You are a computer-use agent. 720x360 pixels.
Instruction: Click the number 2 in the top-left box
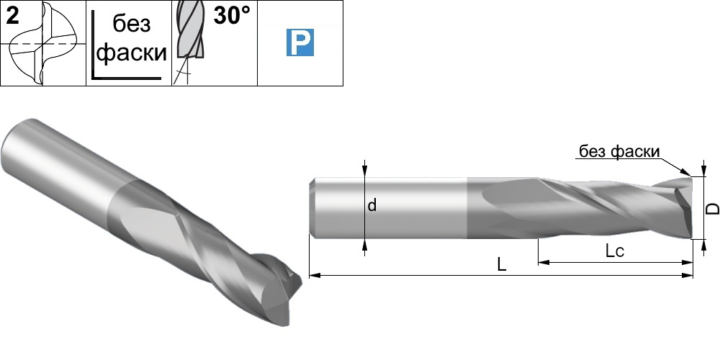pyautogui.click(x=13, y=16)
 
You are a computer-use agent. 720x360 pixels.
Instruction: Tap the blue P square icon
pyautogui.click(x=300, y=42)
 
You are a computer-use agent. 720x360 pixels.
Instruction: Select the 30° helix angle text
pyautogui.click(x=233, y=16)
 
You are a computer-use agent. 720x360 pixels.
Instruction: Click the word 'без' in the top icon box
pyautogui.click(x=132, y=24)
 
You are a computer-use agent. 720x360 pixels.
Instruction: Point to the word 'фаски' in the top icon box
pyautogui.click(x=132, y=53)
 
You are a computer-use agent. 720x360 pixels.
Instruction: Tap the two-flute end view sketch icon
pyautogui.click(x=42, y=43)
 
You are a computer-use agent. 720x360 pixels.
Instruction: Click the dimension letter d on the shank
pyautogui.click(x=372, y=205)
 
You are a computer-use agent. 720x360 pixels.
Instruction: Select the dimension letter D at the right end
pyautogui.click(x=712, y=208)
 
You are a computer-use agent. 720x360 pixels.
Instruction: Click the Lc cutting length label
pyautogui.click(x=615, y=251)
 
